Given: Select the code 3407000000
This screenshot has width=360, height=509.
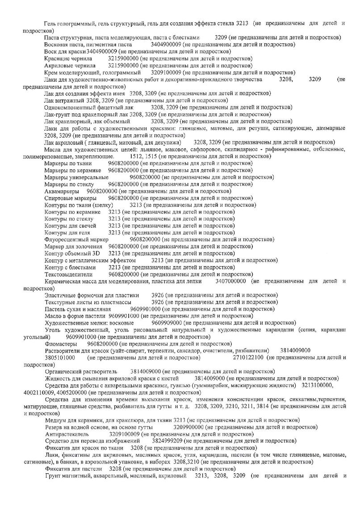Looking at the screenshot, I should click(x=231, y=281).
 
